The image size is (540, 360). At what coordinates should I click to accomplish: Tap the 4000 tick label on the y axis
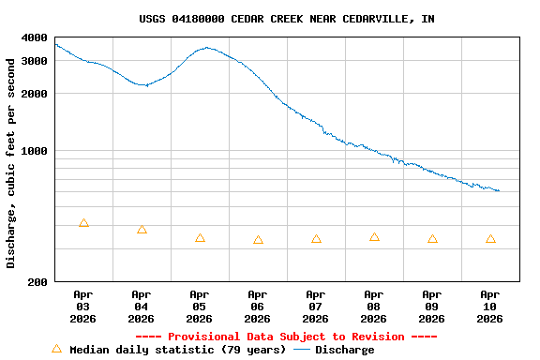(x=35, y=38)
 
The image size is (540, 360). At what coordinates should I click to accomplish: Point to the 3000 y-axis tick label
(x=35, y=60)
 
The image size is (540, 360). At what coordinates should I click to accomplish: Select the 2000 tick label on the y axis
(x=35, y=94)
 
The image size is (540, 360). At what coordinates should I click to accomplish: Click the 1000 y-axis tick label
(x=35, y=151)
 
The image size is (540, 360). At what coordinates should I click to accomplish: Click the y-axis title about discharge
(x=11, y=163)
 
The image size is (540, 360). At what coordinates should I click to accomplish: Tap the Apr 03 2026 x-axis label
(x=83, y=307)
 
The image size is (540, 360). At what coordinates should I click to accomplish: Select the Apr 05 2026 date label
(x=200, y=307)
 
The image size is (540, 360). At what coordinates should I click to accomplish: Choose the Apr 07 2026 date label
(x=316, y=307)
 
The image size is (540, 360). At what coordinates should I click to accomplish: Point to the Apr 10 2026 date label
(x=490, y=307)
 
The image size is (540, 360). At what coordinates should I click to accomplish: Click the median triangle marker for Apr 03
(x=83, y=223)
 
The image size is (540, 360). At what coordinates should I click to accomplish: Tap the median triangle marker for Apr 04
(x=142, y=230)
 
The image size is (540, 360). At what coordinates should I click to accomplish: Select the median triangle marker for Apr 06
(x=258, y=240)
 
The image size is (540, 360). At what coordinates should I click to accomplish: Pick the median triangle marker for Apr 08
(x=374, y=237)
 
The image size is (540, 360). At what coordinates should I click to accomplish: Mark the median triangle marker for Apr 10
(x=490, y=239)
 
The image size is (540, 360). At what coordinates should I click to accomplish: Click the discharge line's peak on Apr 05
(x=206, y=48)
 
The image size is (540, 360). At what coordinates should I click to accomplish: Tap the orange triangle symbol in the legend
(x=56, y=349)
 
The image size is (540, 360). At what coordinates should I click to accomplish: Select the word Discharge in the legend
(x=344, y=350)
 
